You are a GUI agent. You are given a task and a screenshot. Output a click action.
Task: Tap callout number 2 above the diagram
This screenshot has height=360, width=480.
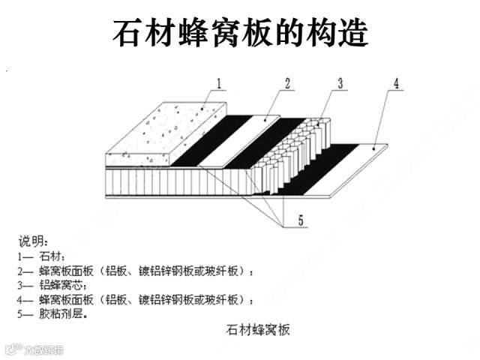pos(286,83)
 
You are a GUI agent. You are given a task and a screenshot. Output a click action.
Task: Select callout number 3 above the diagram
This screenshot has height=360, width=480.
pos(340,83)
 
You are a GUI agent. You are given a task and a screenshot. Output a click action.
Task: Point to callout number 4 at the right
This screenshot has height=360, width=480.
pos(395,84)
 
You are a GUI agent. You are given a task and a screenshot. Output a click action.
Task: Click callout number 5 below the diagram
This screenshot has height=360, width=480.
pos(300,220)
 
